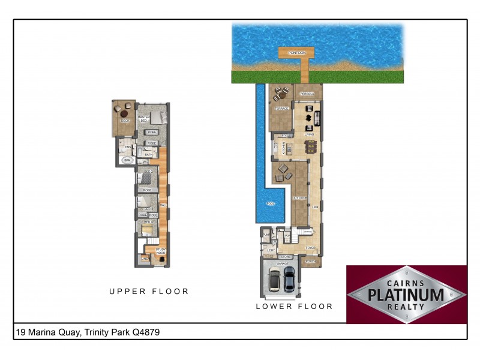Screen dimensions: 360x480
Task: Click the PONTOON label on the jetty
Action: pyautogui.click(x=296, y=53)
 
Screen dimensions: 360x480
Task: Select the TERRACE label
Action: pyautogui.click(x=281, y=109)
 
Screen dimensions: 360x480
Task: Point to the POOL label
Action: pyautogui.click(x=270, y=204)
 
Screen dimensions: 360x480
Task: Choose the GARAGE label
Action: pyautogui.click(x=283, y=263)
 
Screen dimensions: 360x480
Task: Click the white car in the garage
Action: pyautogui.click(x=274, y=280)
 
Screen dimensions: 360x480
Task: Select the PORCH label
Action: pyautogui.click(x=310, y=262)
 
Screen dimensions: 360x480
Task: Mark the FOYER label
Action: pyautogui.click(x=310, y=247)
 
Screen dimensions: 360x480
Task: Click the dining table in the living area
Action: pyautogui.click(x=310, y=145)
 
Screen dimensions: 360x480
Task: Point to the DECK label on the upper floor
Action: pyautogui.click(x=125, y=121)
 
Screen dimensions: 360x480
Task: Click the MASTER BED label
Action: pyautogui.click(x=143, y=119)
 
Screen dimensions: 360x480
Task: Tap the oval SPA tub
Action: pyautogui.click(x=127, y=160)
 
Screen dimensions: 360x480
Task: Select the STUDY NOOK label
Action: pyautogui.click(x=161, y=251)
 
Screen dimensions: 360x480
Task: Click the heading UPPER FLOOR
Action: pyautogui.click(x=149, y=292)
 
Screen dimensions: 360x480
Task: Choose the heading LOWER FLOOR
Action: pyautogui.click(x=294, y=306)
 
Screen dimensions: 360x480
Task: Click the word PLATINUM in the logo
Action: pyautogui.click(x=406, y=294)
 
